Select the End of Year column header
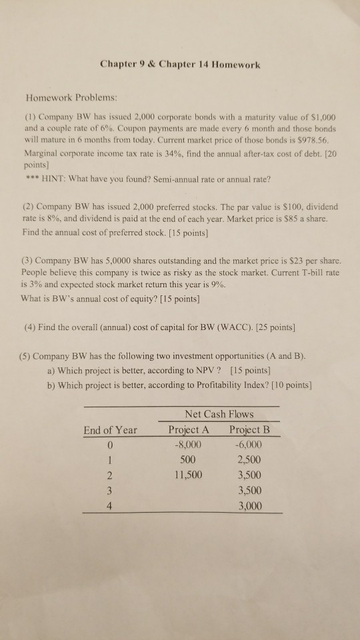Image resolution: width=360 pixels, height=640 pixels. [111, 431]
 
